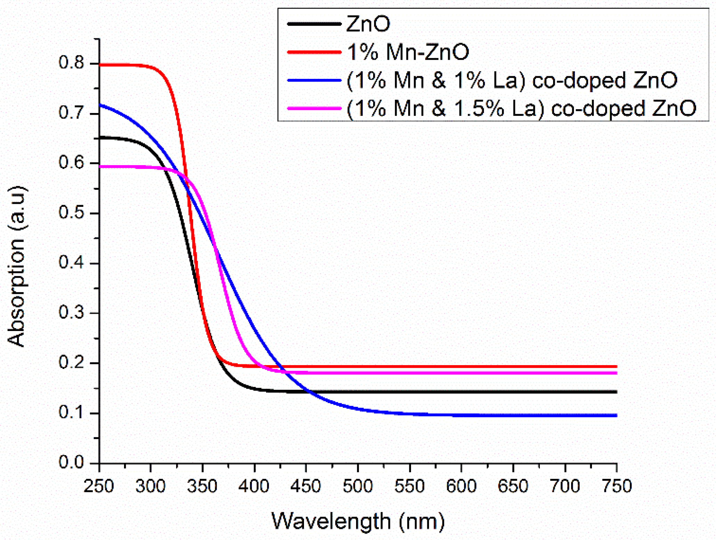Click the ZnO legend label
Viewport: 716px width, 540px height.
[x=368, y=24]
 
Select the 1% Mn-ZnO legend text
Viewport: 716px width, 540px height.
[x=408, y=52]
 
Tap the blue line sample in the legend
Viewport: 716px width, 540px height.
[x=314, y=80]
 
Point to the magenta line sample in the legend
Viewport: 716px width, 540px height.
[x=314, y=108]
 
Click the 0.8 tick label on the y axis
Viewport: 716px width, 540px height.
[x=71, y=63]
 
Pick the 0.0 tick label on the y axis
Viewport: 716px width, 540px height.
[x=71, y=462]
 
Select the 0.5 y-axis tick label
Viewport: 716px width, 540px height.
[x=71, y=212]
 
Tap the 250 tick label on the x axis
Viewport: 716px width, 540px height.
[x=99, y=486]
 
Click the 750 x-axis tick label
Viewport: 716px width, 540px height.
[x=617, y=486]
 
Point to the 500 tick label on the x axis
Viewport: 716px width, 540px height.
[x=357, y=486]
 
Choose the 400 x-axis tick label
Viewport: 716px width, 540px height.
[x=254, y=486]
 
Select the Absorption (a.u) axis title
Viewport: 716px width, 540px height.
[x=17, y=266]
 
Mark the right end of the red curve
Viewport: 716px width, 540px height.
[x=616, y=366]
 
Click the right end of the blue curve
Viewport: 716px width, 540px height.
[x=616, y=415]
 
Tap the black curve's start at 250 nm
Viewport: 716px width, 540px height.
[x=100, y=138]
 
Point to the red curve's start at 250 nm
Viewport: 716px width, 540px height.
[x=100, y=65]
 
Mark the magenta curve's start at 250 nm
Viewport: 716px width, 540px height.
[x=100, y=167]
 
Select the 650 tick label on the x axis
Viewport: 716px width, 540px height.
[x=513, y=486]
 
